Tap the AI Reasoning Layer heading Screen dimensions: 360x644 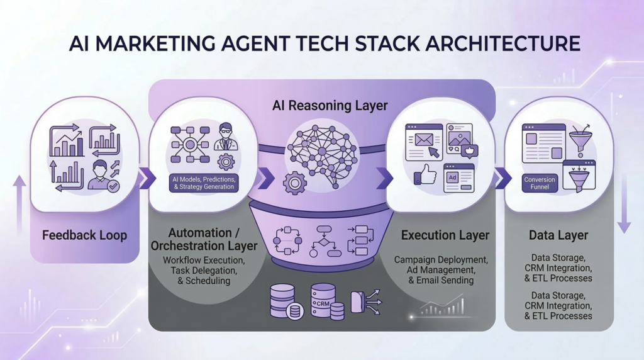coord(321,105)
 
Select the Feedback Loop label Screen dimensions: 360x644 coord(84,235)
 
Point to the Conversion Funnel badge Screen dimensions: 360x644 coord(540,183)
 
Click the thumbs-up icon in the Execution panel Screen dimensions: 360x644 coord(426,174)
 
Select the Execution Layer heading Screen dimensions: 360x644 coord(445,235)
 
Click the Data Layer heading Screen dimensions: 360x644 coord(559,235)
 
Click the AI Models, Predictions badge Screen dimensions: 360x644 coord(204,183)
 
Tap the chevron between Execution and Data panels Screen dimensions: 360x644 coord(502,178)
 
